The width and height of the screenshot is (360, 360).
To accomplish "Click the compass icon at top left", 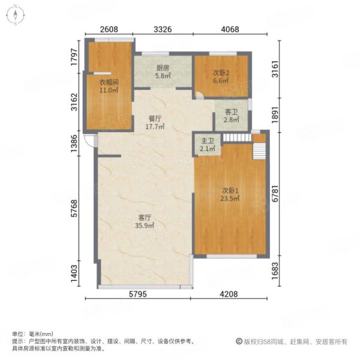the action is [x=16, y=15].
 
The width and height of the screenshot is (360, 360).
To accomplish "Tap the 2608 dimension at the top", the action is [x=109, y=29].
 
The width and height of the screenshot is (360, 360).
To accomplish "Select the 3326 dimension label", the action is [x=163, y=29].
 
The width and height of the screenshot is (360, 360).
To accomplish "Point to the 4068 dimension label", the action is [x=230, y=29].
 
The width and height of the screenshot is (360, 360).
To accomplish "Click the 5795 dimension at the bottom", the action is [x=138, y=294].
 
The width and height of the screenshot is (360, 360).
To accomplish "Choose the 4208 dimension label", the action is [x=229, y=294].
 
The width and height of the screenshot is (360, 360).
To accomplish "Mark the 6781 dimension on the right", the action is [x=275, y=194].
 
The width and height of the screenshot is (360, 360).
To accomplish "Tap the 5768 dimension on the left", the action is [x=74, y=208].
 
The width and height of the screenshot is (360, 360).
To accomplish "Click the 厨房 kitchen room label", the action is [x=163, y=68].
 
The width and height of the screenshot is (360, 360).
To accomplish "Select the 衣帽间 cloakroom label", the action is [x=109, y=82].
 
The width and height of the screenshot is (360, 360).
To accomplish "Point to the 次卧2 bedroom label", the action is [x=221, y=73].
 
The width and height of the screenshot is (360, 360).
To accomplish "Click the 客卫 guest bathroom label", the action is [x=231, y=112].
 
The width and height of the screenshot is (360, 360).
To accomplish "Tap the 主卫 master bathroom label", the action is [x=208, y=141].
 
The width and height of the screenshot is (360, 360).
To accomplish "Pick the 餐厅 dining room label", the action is [x=155, y=119].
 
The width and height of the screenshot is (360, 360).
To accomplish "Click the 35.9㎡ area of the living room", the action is [x=145, y=226].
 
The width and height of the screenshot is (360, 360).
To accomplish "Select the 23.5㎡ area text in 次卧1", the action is [x=230, y=198].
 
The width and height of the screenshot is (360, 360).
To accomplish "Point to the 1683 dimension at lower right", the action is [x=275, y=271].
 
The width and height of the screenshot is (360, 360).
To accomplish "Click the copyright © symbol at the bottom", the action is [x=239, y=341].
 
